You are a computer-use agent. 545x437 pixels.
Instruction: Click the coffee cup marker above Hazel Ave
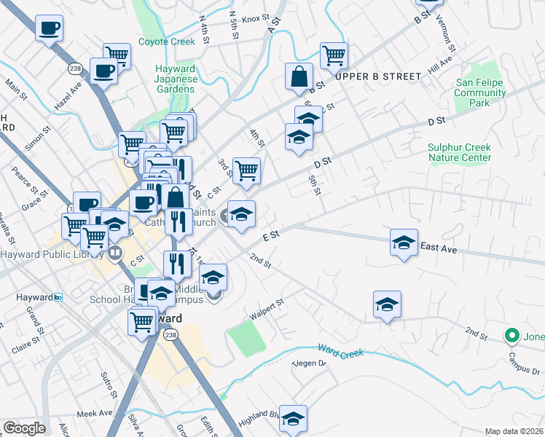tap(103, 71)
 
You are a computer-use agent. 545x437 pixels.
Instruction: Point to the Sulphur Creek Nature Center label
tap(459, 152)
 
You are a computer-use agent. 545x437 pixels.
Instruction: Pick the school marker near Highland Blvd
tap(293, 418)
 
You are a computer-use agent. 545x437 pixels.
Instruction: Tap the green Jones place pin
tap(512, 336)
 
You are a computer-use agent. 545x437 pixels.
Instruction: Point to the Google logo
tap(24, 428)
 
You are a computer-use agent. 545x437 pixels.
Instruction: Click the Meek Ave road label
tap(96, 412)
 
